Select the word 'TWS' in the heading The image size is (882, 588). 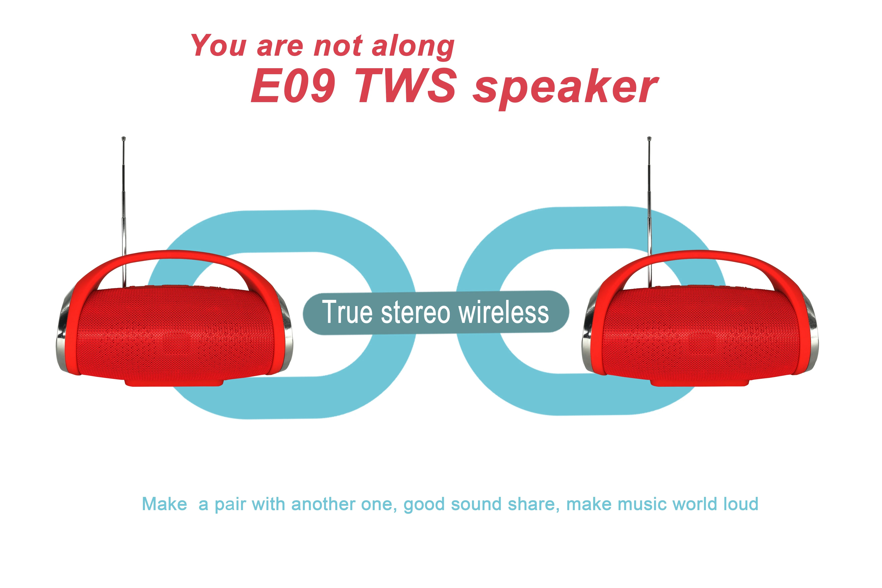408,86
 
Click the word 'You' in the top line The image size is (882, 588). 219,45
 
